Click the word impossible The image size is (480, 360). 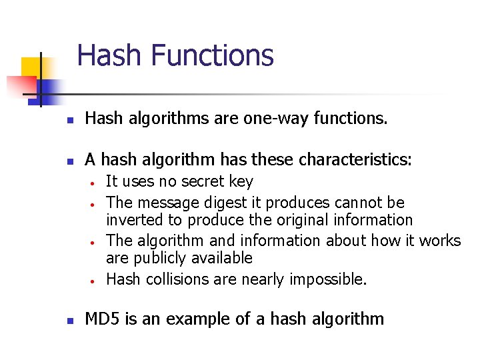coord(328,279)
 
